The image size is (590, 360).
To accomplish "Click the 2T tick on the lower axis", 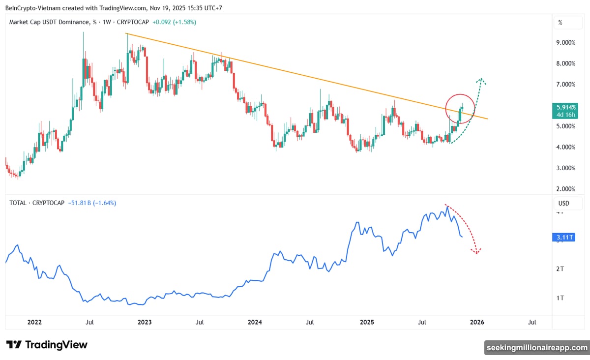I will tap(560, 269).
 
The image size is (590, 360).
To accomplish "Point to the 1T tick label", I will tap(560, 298).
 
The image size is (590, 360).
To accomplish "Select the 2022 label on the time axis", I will tap(34, 323).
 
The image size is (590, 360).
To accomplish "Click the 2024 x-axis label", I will tap(255, 323).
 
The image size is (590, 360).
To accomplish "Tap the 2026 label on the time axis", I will tap(477, 323).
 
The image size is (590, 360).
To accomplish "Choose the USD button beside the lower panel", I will tap(563, 203).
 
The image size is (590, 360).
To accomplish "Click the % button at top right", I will tap(560, 23).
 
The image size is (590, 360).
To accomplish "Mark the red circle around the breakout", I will tap(460, 109).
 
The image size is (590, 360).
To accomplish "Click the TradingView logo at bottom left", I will tap(47, 345).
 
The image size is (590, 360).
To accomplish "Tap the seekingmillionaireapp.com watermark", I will tap(536, 348).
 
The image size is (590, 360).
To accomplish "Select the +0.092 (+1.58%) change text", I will tap(175, 22).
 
